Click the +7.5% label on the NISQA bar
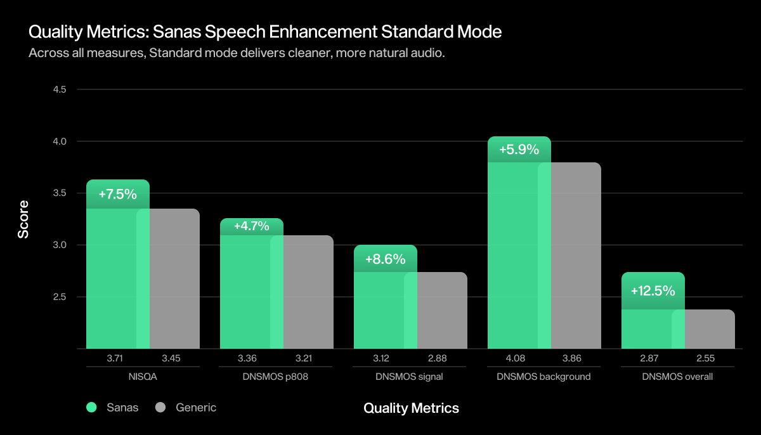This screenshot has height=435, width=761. (x=118, y=194)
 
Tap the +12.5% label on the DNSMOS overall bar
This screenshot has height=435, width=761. (x=653, y=291)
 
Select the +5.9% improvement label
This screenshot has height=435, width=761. (x=519, y=150)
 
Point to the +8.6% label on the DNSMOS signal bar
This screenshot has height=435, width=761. (x=385, y=259)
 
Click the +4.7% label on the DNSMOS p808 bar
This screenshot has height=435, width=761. (x=251, y=226)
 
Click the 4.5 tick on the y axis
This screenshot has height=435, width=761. (x=60, y=89)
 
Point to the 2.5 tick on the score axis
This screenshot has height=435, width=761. (x=60, y=297)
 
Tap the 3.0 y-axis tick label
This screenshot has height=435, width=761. (x=60, y=245)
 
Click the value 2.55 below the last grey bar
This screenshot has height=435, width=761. (x=705, y=358)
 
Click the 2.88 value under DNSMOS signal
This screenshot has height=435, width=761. (x=437, y=358)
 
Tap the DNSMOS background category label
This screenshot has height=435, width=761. (x=544, y=377)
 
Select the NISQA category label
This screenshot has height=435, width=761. (x=143, y=377)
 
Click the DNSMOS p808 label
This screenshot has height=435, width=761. (x=276, y=377)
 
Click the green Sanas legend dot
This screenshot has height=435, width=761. (x=91, y=408)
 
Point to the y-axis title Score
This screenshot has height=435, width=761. (x=23, y=219)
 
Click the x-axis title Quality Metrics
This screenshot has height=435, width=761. (x=411, y=408)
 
